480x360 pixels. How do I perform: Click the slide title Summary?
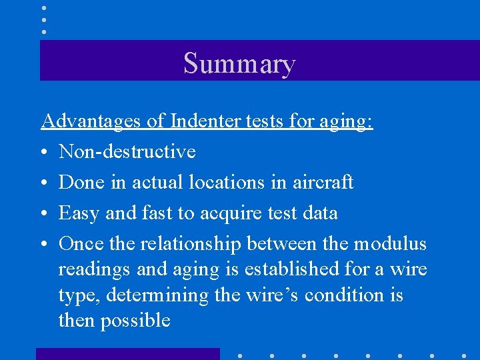(239, 63)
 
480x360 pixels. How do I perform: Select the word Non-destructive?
(127, 152)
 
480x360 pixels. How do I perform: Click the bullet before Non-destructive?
(44, 153)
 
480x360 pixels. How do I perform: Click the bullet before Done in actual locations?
(44, 183)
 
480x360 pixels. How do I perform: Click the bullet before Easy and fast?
(44, 214)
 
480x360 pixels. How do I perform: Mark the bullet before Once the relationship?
(44, 245)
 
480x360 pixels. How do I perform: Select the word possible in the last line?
(135, 321)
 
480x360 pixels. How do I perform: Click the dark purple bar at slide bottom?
(127, 353)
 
